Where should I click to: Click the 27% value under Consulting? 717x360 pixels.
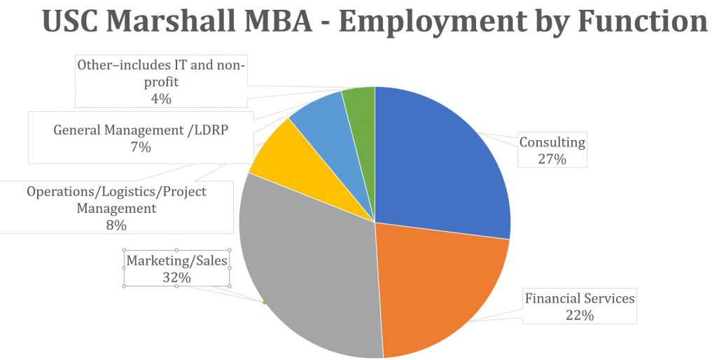[x=552, y=159]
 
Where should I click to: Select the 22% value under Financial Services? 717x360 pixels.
[x=580, y=315]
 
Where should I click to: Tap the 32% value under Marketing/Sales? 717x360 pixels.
[x=177, y=277]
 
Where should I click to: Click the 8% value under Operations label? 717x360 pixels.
[x=116, y=225]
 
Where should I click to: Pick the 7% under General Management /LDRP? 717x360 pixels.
[x=140, y=147]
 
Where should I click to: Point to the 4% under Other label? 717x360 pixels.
[x=161, y=99]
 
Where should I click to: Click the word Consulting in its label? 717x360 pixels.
[x=552, y=143]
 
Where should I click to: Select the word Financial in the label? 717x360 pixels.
[x=551, y=298]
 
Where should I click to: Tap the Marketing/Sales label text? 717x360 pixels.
[x=177, y=261]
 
